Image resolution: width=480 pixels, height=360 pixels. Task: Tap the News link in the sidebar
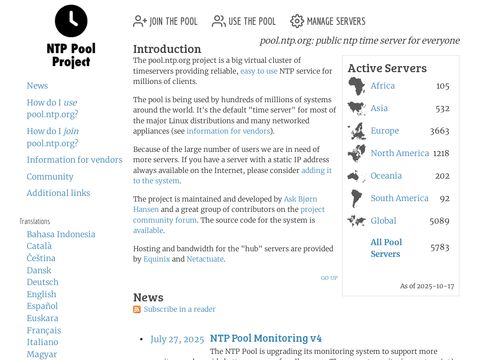(x=37, y=86)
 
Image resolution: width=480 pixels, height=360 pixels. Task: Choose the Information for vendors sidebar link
(x=74, y=160)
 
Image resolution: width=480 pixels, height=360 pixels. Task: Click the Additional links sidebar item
(x=58, y=193)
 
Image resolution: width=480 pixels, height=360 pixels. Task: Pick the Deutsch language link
(x=42, y=282)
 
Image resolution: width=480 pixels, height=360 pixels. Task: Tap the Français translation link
(x=44, y=330)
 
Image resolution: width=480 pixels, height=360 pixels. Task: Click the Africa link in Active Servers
(x=382, y=86)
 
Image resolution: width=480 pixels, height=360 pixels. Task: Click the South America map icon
(x=356, y=198)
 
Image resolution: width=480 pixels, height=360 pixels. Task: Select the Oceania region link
(x=386, y=176)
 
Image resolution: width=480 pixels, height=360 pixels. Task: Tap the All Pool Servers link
(x=385, y=247)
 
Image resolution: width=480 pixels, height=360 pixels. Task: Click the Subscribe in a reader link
(x=179, y=310)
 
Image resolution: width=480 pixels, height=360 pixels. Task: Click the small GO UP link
(x=328, y=278)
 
